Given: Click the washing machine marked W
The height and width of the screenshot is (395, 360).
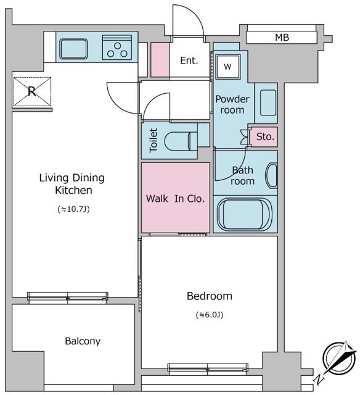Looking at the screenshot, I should click(227, 66).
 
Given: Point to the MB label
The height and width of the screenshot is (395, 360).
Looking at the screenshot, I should click(282, 38).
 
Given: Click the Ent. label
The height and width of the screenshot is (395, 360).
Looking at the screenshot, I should click(189, 60).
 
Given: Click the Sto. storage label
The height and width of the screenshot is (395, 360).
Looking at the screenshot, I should click(265, 136).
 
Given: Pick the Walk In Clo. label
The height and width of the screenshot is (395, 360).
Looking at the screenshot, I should click(175, 199).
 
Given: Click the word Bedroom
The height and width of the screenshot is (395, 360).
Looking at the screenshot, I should click(209, 296).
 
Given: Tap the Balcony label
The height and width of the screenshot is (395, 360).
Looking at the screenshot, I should click(82, 341).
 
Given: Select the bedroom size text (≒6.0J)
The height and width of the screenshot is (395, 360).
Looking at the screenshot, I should click(209, 315).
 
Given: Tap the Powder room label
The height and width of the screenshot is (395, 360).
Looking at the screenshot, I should click(232, 104).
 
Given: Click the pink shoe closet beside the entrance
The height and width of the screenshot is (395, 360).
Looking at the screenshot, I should click(160, 60).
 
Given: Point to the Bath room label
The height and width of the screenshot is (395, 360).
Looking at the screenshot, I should click(242, 176).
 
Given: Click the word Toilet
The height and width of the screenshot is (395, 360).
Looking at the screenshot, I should click(153, 140).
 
